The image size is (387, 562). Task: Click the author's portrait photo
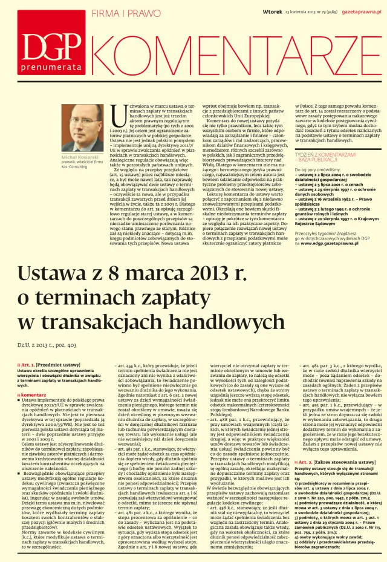[x=83, y=127]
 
